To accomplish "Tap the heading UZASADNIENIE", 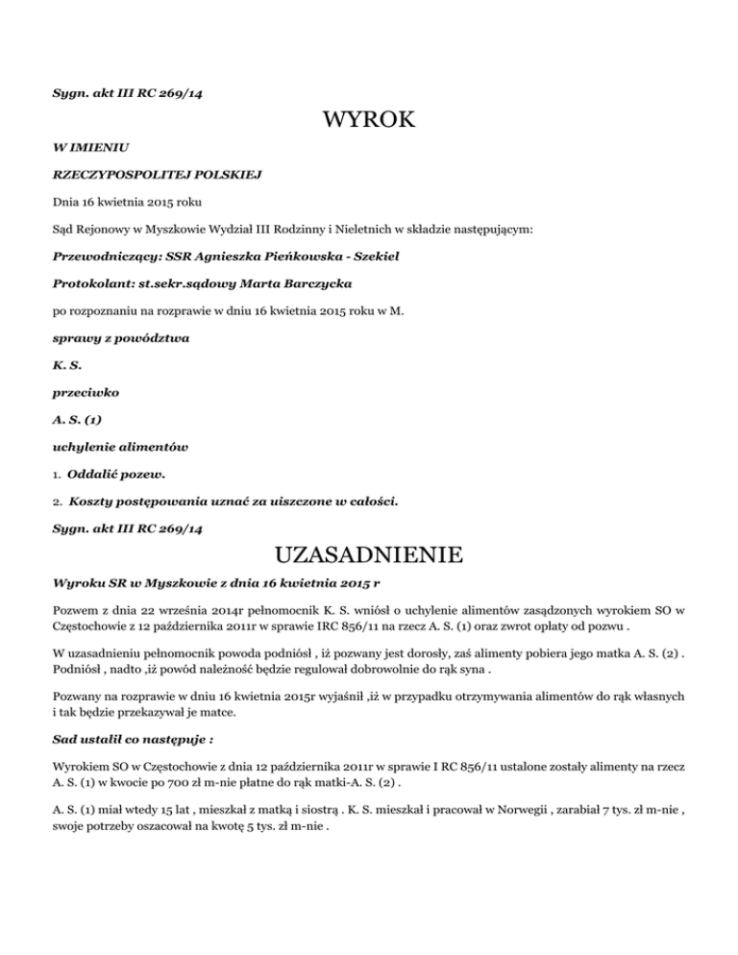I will [x=369, y=555].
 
